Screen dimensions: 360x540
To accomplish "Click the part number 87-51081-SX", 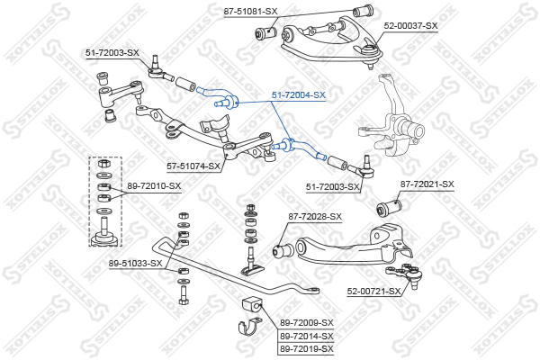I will (250, 11).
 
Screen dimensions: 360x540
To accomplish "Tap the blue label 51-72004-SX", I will (299, 94).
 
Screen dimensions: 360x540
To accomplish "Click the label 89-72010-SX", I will (154, 186).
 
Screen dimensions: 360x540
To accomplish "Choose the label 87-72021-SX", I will (427, 184).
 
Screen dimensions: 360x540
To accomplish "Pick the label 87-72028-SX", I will (315, 217).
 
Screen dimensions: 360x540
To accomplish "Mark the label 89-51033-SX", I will (136, 263).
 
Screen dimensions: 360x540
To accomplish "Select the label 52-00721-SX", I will (374, 292).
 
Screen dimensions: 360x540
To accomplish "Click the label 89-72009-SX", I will (306, 322).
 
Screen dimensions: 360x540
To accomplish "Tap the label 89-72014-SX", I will (306, 336).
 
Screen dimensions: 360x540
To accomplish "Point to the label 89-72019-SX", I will (306, 348).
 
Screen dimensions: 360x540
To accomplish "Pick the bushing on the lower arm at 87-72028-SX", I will (280, 246).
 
